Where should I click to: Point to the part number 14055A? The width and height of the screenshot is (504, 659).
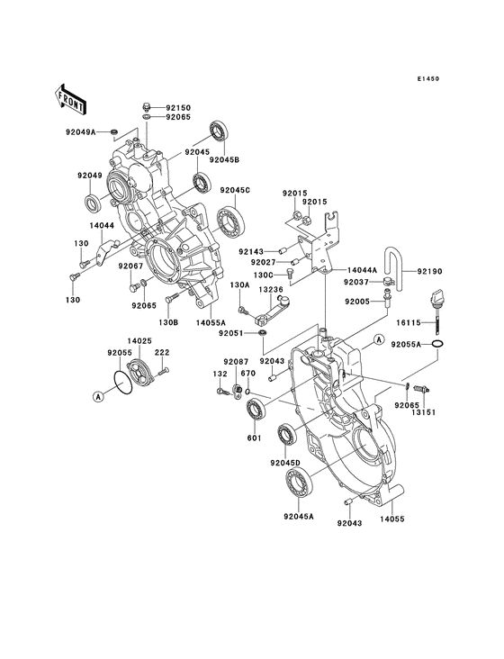point(211,321)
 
